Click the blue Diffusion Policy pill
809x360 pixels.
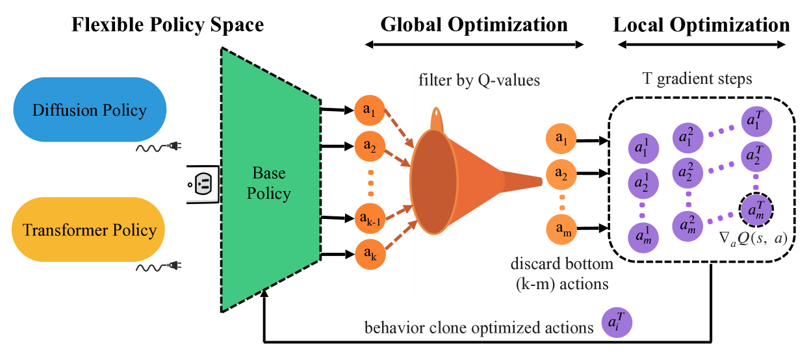89,109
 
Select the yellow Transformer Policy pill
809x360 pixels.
89,230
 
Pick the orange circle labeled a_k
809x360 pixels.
369,255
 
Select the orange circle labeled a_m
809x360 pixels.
562,228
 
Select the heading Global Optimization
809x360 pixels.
474,25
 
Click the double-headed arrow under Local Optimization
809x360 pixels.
701,45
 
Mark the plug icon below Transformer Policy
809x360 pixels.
173,265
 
